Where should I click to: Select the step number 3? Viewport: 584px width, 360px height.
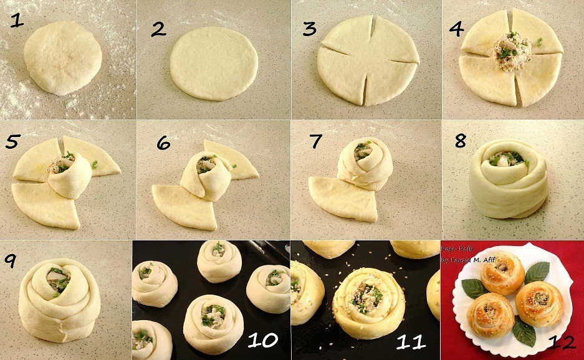(x=310, y=28)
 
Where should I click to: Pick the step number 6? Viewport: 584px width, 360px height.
(x=163, y=143)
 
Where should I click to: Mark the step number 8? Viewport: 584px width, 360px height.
(x=460, y=140)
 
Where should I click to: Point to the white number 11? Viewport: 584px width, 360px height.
(x=410, y=341)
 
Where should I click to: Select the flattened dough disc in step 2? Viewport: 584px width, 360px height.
(x=214, y=63)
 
